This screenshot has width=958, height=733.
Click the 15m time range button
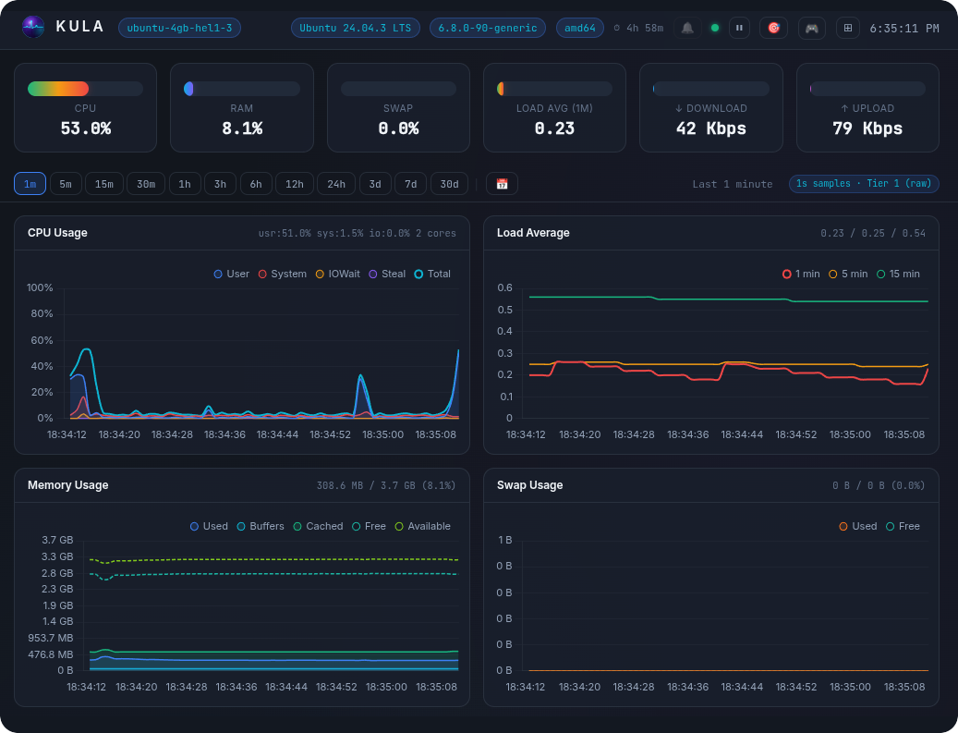pos(103,184)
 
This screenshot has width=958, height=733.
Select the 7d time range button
pos(410,184)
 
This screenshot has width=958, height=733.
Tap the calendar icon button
pos(502,184)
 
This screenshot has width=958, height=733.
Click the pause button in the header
pos(739,28)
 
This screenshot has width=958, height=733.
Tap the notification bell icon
pos(687,28)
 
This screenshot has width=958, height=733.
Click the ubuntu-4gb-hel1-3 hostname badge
pos(179,28)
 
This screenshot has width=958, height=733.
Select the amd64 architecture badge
pos(580,28)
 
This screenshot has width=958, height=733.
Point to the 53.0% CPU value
pos(86,128)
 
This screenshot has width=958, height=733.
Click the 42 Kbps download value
pos(711,128)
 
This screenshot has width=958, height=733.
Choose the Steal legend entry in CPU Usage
pos(387,274)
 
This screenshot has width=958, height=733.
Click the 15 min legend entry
pos(898,274)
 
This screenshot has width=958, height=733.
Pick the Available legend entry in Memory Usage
pos(423,526)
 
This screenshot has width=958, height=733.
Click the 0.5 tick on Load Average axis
pos(504,310)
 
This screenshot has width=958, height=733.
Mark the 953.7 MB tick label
pos(50,638)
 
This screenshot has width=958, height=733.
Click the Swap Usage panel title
pos(529,485)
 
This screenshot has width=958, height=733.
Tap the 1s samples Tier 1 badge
pos(864,183)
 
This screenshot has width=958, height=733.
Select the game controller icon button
pos(811,28)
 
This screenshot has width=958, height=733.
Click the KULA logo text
pos(80,27)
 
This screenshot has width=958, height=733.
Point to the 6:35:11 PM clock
pos(904,28)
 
